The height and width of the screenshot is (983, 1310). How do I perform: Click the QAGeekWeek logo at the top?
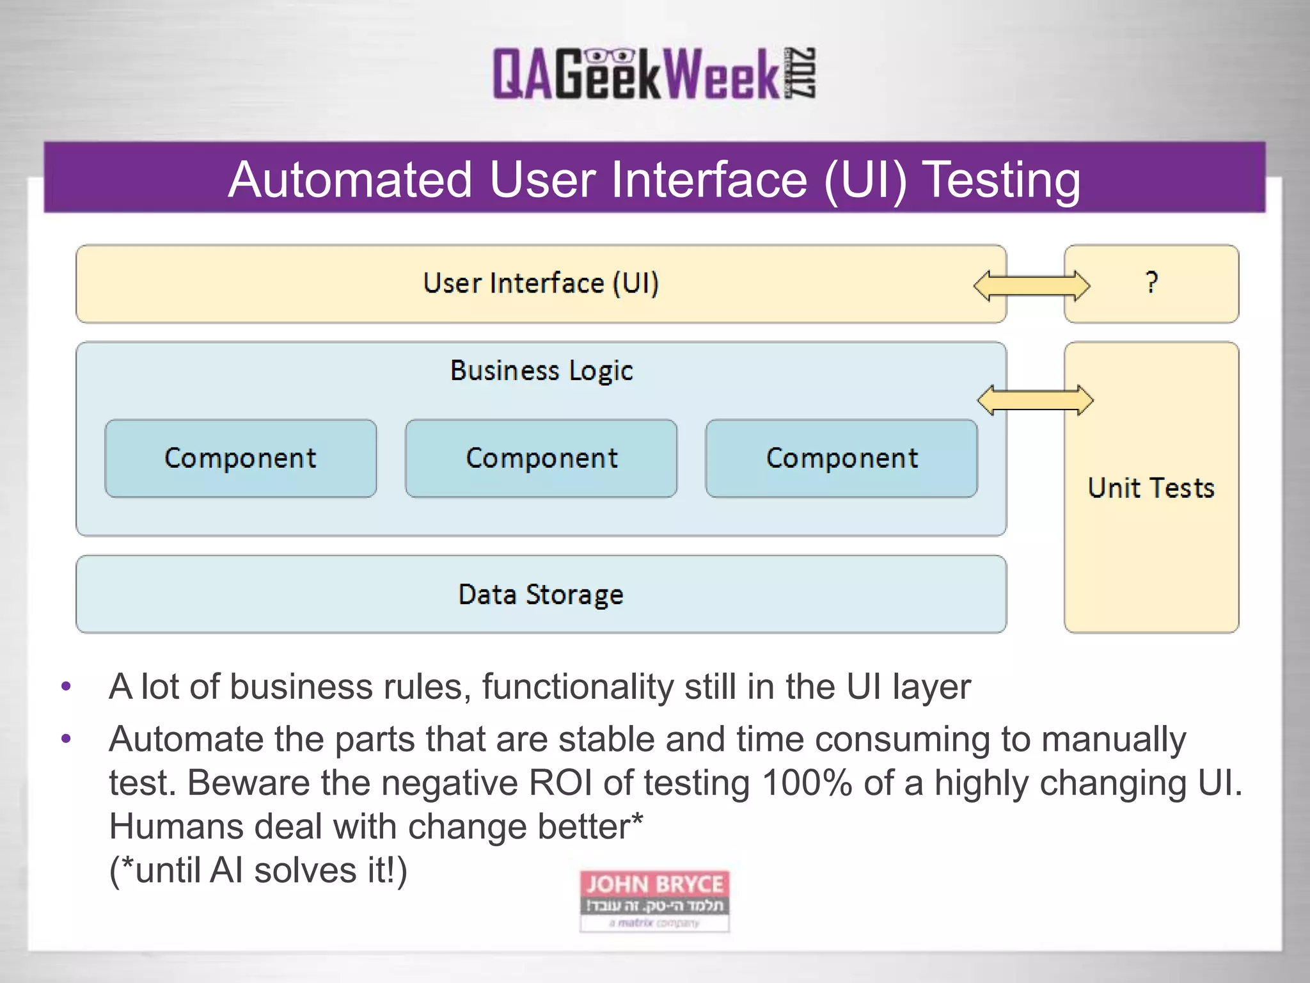(x=652, y=74)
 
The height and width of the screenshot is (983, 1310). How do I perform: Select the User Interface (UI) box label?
(x=541, y=284)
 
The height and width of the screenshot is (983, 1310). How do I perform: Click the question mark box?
(x=1151, y=284)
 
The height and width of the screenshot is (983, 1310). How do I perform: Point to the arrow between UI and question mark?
(x=1031, y=285)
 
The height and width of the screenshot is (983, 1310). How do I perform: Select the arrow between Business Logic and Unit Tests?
(x=1035, y=401)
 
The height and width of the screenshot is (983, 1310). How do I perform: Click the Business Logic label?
(x=541, y=371)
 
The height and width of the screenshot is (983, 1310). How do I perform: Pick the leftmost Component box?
(x=241, y=458)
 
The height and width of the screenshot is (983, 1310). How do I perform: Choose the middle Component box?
(x=541, y=458)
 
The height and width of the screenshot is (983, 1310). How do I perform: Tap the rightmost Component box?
(x=841, y=458)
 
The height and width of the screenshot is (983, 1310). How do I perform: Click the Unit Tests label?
(x=1151, y=488)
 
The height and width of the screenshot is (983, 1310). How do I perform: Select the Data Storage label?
(x=541, y=595)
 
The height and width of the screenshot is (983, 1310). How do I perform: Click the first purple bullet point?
(x=66, y=687)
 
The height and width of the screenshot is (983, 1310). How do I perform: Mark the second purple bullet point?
(x=66, y=740)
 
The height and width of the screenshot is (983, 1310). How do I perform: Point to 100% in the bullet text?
(x=807, y=783)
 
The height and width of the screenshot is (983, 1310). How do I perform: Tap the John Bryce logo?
(x=654, y=900)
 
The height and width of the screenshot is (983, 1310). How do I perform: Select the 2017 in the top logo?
(x=801, y=73)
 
